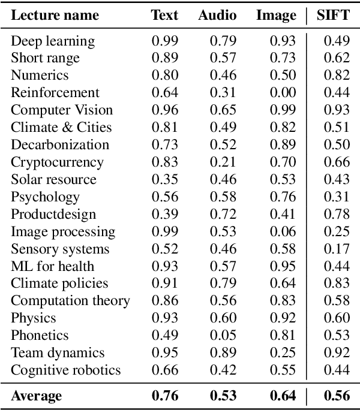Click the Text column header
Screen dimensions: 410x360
tap(164, 15)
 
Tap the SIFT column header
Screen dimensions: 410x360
tap(332, 15)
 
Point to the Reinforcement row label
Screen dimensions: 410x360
tap(55, 93)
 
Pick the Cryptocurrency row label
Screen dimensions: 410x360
tap(57, 162)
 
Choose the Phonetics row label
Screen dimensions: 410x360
tap(40, 336)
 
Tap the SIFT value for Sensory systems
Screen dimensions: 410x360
tap(337, 249)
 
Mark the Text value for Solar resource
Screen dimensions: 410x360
tap(164, 180)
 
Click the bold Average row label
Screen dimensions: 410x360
tap(36, 396)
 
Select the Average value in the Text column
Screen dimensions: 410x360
tap(165, 396)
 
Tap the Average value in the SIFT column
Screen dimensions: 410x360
tap(337, 396)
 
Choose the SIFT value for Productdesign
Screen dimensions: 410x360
tap(337, 215)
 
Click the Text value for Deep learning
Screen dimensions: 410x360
tap(164, 41)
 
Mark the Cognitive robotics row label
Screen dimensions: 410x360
tap(65, 370)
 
